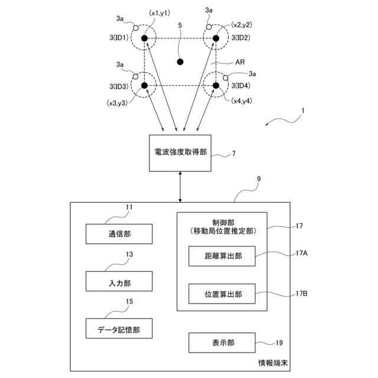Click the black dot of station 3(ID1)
144,38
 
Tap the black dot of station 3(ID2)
216,38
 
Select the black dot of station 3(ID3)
144,85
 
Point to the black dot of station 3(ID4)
216,85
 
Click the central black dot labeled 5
180,62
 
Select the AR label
240,62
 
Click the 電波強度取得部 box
180,153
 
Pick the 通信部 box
119,234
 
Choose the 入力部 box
119,281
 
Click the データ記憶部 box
119,328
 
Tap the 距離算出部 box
222,256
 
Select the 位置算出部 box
222,294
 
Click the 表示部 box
222,343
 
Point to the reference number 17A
302,253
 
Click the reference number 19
279,343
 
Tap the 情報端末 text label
273,363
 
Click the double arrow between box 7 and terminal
180,187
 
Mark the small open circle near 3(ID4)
226,78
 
